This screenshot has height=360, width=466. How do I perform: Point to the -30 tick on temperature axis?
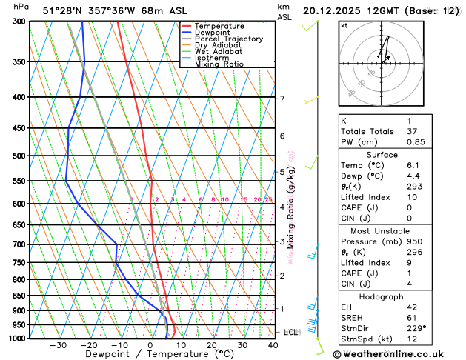(58, 345)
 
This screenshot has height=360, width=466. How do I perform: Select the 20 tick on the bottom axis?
(212, 345)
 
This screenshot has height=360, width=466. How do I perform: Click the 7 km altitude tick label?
(282, 99)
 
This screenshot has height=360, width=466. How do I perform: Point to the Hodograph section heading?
(381, 296)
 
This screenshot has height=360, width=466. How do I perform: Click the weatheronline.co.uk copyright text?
(399, 353)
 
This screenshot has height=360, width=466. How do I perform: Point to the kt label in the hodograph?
(344, 26)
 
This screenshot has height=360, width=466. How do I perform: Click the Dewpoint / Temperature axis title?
(149, 355)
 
